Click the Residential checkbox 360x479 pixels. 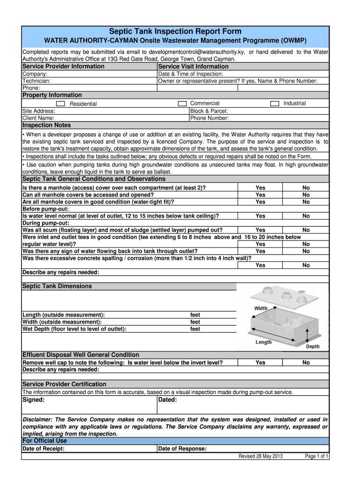pyautogui.click(x=60, y=104)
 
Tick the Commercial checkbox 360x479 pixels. pyautogui.click(x=182, y=103)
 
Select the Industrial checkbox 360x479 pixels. pyautogui.click(x=275, y=103)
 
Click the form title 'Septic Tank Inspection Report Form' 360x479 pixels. pyautogui.click(x=175, y=31)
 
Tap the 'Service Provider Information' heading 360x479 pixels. pyautogui.click(x=64, y=66)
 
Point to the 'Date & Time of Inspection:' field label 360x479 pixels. pyautogui.click(x=191, y=74)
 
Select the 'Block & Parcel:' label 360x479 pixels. pyautogui.click(x=209, y=111)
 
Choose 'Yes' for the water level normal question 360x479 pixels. pyautogui.click(x=260, y=216)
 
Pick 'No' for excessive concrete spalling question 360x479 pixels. pyautogui.click(x=306, y=265)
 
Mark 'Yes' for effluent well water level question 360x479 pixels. pyautogui.click(x=260, y=363)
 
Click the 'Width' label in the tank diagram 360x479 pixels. pyautogui.click(x=261, y=308)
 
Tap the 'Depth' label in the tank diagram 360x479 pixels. pyautogui.click(x=313, y=347)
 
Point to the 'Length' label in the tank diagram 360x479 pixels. pyautogui.click(x=264, y=342)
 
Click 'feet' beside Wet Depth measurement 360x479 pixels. pyautogui.click(x=195, y=329)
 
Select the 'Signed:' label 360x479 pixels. pyautogui.click(x=34, y=400)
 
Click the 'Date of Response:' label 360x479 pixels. pyautogui.click(x=183, y=449)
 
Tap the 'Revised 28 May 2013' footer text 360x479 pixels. pyautogui.click(x=261, y=457)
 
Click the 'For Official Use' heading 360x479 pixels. pyautogui.click(x=45, y=441)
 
